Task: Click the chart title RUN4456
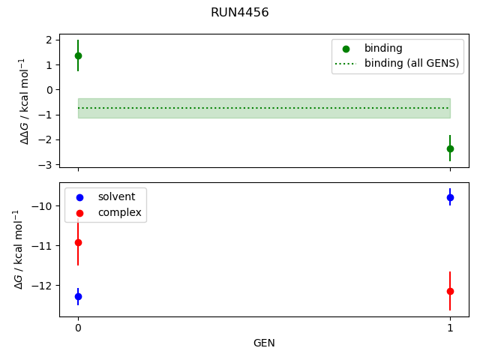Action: click(240, 13)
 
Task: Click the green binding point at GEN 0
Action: click(78, 55)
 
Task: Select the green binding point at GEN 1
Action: click(450, 148)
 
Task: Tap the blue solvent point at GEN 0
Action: click(78, 296)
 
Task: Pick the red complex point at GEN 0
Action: click(78, 242)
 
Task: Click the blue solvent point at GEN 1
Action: click(450, 197)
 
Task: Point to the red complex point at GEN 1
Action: click(450, 291)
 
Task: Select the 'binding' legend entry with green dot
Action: click(383, 48)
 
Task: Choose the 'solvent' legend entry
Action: click(116, 196)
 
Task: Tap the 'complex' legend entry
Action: click(118, 213)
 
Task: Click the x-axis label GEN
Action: click(264, 343)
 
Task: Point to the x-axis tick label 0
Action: click(78, 328)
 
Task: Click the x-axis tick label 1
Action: click(450, 328)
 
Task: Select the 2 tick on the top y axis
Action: click(49, 40)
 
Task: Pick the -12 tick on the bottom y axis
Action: click(43, 285)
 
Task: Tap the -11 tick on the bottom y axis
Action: click(43, 246)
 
